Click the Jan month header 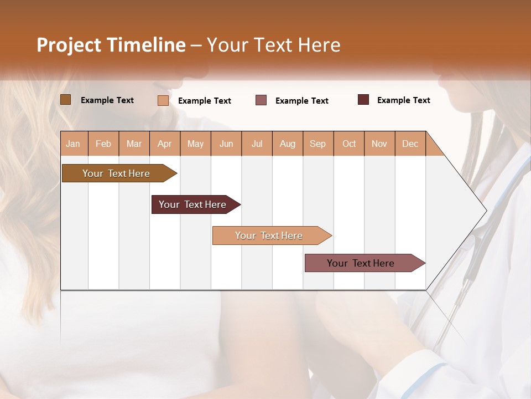click(x=73, y=144)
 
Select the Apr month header click(x=164, y=144)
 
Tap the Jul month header click(x=257, y=144)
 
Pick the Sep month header click(x=317, y=144)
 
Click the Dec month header click(x=410, y=144)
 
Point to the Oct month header click(x=349, y=144)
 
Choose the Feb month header click(x=103, y=144)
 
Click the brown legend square click(x=65, y=100)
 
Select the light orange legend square click(x=163, y=100)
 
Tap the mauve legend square click(x=261, y=100)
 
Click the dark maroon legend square click(x=363, y=100)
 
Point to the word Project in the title click(x=68, y=45)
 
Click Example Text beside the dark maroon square click(x=403, y=100)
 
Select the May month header click(x=195, y=144)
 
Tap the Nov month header click(x=379, y=144)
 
